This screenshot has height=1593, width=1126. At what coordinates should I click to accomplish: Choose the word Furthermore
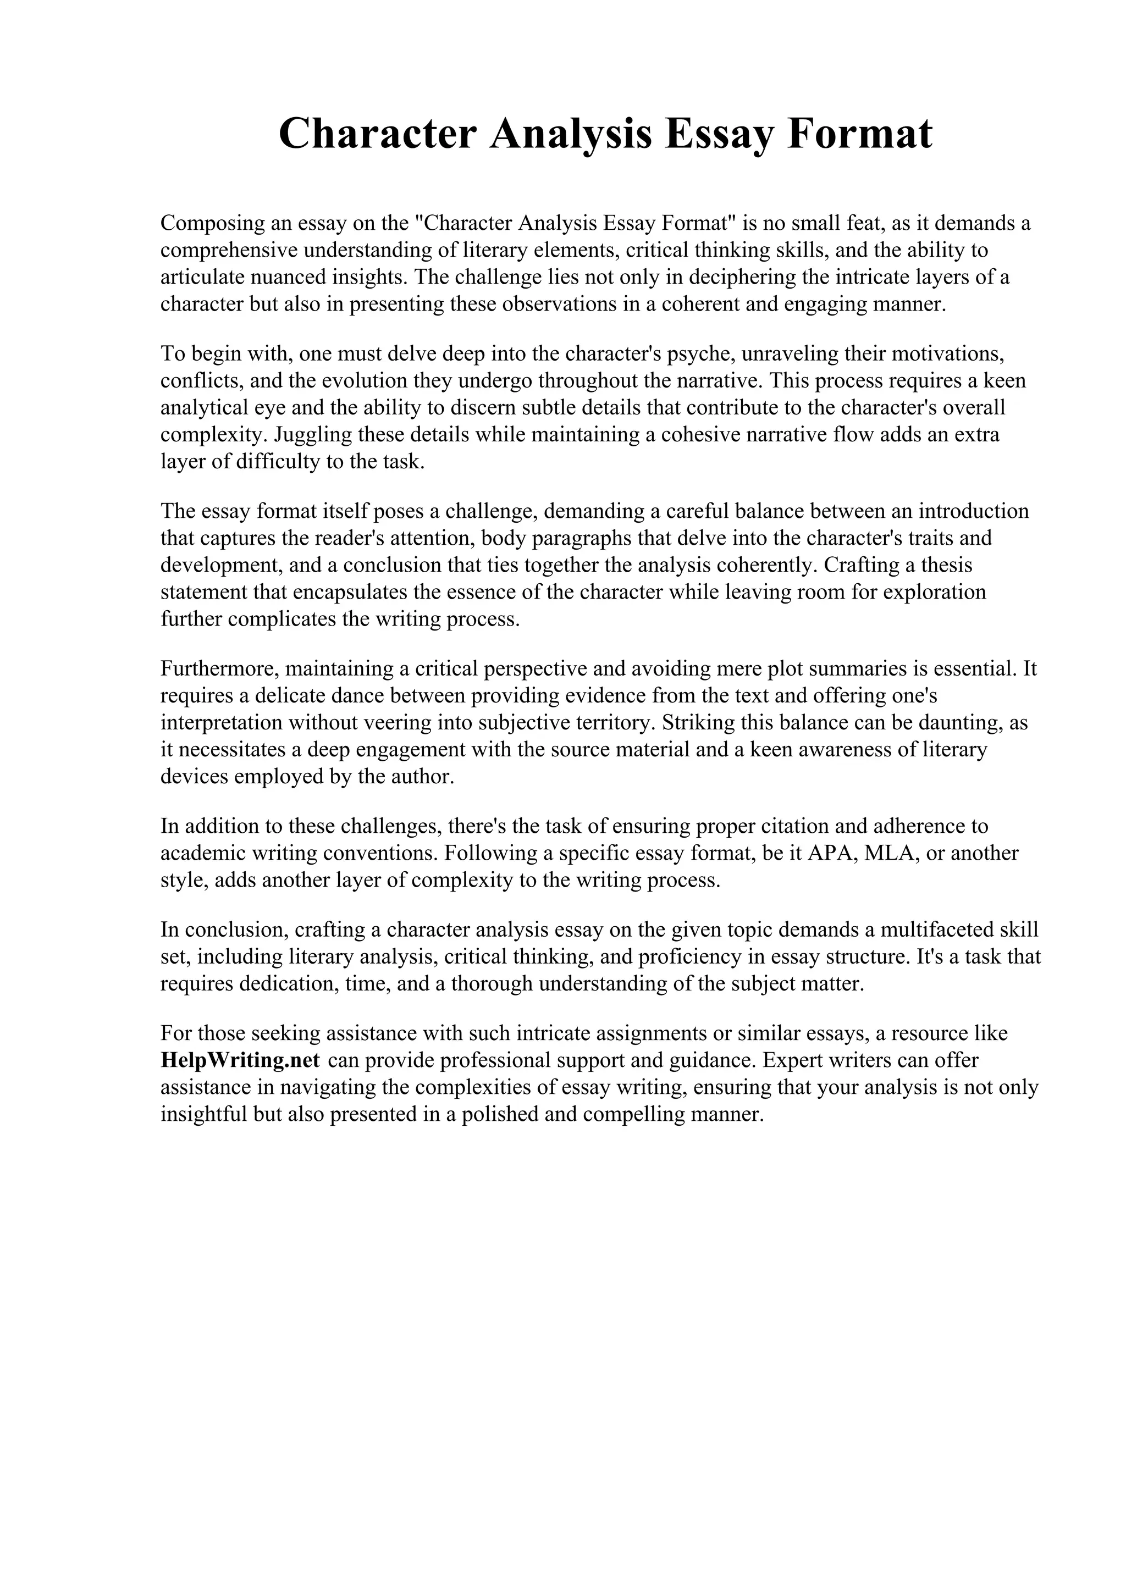[219, 669]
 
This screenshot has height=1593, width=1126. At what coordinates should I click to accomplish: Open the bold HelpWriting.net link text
[240, 1061]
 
